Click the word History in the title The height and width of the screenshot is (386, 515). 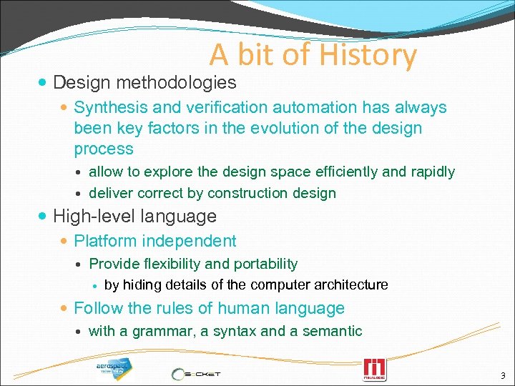coord(368,55)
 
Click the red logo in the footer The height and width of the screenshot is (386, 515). coord(374,369)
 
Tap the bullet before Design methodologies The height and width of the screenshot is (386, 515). coord(45,84)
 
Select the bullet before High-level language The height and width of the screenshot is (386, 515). coord(45,216)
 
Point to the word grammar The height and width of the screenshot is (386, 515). coord(152,331)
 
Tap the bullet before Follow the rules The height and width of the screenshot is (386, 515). coord(66,309)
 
